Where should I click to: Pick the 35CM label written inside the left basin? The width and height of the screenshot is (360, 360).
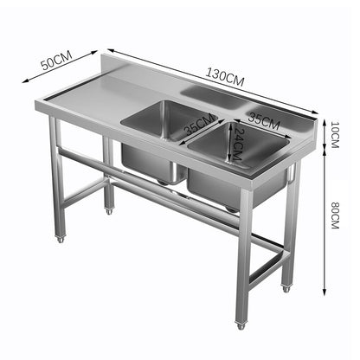(199, 128)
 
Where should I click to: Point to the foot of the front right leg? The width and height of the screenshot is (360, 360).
(241, 325)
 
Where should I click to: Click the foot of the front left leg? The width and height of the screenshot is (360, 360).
(60, 238)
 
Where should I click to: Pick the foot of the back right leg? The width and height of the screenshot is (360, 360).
(286, 287)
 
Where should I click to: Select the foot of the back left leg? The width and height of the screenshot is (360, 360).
(109, 211)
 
